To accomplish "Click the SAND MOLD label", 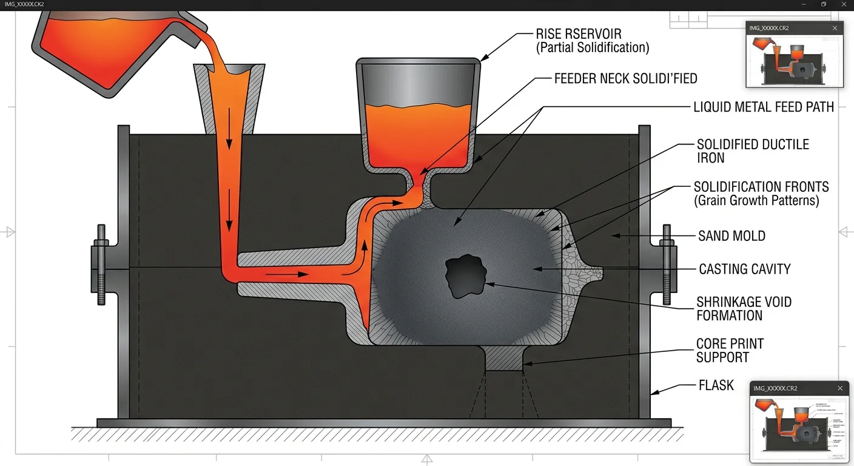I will (x=731, y=236).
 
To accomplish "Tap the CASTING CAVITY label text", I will (x=744, y=269).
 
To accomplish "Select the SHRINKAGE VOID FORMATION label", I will (x=744, y=308).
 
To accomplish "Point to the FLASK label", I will (x=716, y=385).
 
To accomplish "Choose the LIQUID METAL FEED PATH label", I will (x=764, y=107).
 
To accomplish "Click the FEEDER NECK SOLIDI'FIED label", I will (x=625, y=79).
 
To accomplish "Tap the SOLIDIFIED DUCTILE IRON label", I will (x=752, y=151).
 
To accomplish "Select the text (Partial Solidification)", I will (x=592, y=48).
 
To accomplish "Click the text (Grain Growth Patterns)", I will (x=756, y=201).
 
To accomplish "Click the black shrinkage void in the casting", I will (x=466, y=277).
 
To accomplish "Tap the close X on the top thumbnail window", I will (x=835, y=28).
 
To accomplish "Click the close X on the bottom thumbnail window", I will (x=840, y=388).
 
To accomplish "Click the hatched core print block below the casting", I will (x=504, y=358).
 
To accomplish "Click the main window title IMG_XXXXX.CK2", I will (x=24, y=5).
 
